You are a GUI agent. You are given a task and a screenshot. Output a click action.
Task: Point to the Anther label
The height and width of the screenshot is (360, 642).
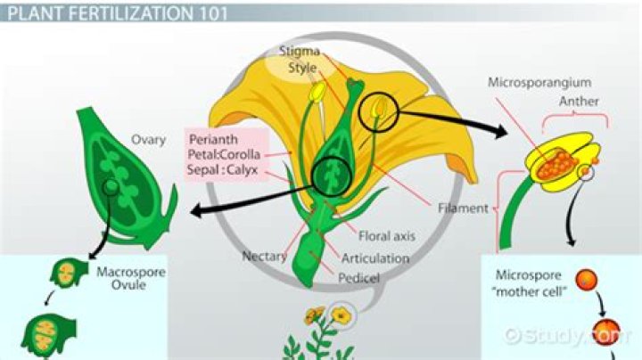579,101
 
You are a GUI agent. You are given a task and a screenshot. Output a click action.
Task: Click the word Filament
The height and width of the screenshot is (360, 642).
462,209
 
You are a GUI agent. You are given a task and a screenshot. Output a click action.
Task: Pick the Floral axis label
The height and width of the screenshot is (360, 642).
384,237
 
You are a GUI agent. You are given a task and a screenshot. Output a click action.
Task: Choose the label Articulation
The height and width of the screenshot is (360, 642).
375,258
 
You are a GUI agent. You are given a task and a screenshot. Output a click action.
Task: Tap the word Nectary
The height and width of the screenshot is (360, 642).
264,256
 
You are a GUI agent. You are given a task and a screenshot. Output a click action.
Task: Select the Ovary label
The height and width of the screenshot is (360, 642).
149,140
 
